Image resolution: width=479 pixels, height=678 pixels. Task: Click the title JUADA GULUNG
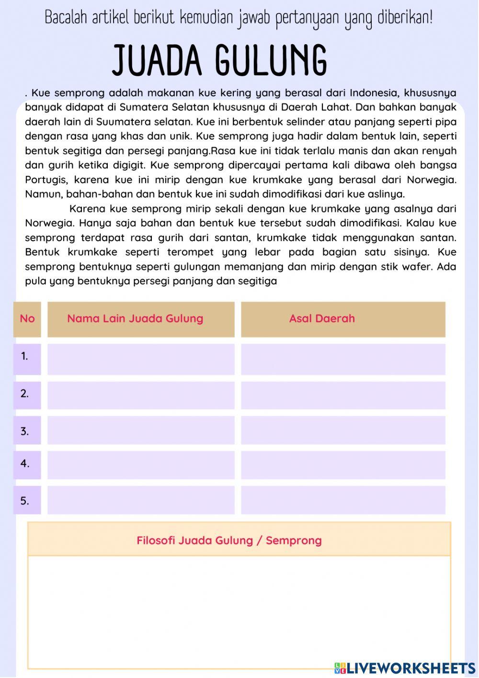pyautogui.click(x=220, y=60)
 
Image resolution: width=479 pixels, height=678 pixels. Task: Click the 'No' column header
pyautogui.click(x=27, y=319)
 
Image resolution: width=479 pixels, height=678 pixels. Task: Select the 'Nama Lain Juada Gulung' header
pyautogui.click(x=135, y=319)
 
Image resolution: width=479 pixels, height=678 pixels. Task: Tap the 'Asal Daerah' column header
pyautogui.click(x=322, y=319)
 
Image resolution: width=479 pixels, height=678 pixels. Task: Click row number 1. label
pyautogui.click(x=25, y=356)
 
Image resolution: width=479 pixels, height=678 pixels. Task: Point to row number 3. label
pyautogui.click(x=25, y=432)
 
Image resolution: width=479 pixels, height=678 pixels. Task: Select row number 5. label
pyautogui.click(x=25, y=501)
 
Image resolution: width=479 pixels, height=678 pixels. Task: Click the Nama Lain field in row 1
pyautogui.click(x=141, y=359)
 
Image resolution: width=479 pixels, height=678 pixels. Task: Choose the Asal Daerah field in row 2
pyautogui.click(x=343, y=396)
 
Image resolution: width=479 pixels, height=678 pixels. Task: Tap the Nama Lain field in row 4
pyautogui.click(x=141, y=465)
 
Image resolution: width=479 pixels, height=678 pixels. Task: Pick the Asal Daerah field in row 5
pyautogui.click(x=343, y=500)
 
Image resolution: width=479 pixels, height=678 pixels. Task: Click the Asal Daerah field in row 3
pyautogui.click(x=343, y=430)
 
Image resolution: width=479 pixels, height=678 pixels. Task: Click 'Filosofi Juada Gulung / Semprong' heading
pyautogui.click(x=229, y=540)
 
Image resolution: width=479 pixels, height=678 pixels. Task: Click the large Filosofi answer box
pyautogui.click(x=239, y=611)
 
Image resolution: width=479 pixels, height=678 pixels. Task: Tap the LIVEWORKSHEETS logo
pyautogui.click(x=405, y=667)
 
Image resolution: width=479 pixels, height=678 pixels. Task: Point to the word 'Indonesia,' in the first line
pyautogui.click(x=374, y=93)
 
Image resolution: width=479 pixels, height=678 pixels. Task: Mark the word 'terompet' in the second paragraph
pyautogui.click(x=191, y=252)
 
